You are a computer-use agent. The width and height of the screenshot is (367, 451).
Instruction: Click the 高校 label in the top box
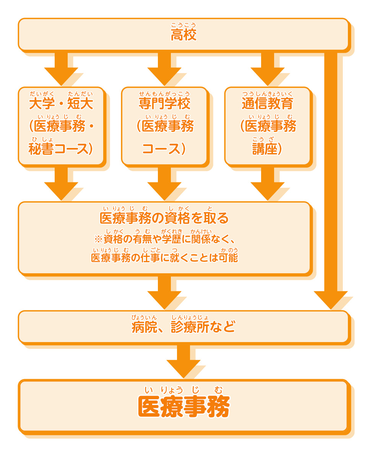[x=183, y=36]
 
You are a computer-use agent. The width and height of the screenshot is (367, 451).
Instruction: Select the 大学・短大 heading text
[x=61, y=103]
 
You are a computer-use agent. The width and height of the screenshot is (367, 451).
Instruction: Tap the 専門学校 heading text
[x=164, y=103]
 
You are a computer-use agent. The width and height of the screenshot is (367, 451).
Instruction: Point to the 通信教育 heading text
[x=267, y=103]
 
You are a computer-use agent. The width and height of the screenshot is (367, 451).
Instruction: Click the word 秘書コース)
[x=61, y=149]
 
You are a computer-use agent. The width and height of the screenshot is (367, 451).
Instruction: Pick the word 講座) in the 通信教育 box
[x=267, y=149]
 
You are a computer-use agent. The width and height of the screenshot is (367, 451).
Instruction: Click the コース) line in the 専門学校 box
[x=164, y=149]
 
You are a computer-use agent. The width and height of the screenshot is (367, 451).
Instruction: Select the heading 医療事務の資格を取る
[x=164, y=218]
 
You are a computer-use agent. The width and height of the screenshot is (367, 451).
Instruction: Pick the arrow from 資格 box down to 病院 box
[x=164, y=292]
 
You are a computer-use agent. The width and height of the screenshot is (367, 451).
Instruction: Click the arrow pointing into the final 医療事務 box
[x=183, y=361]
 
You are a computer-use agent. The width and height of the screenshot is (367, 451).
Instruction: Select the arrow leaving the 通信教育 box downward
[x=267, y=183]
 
